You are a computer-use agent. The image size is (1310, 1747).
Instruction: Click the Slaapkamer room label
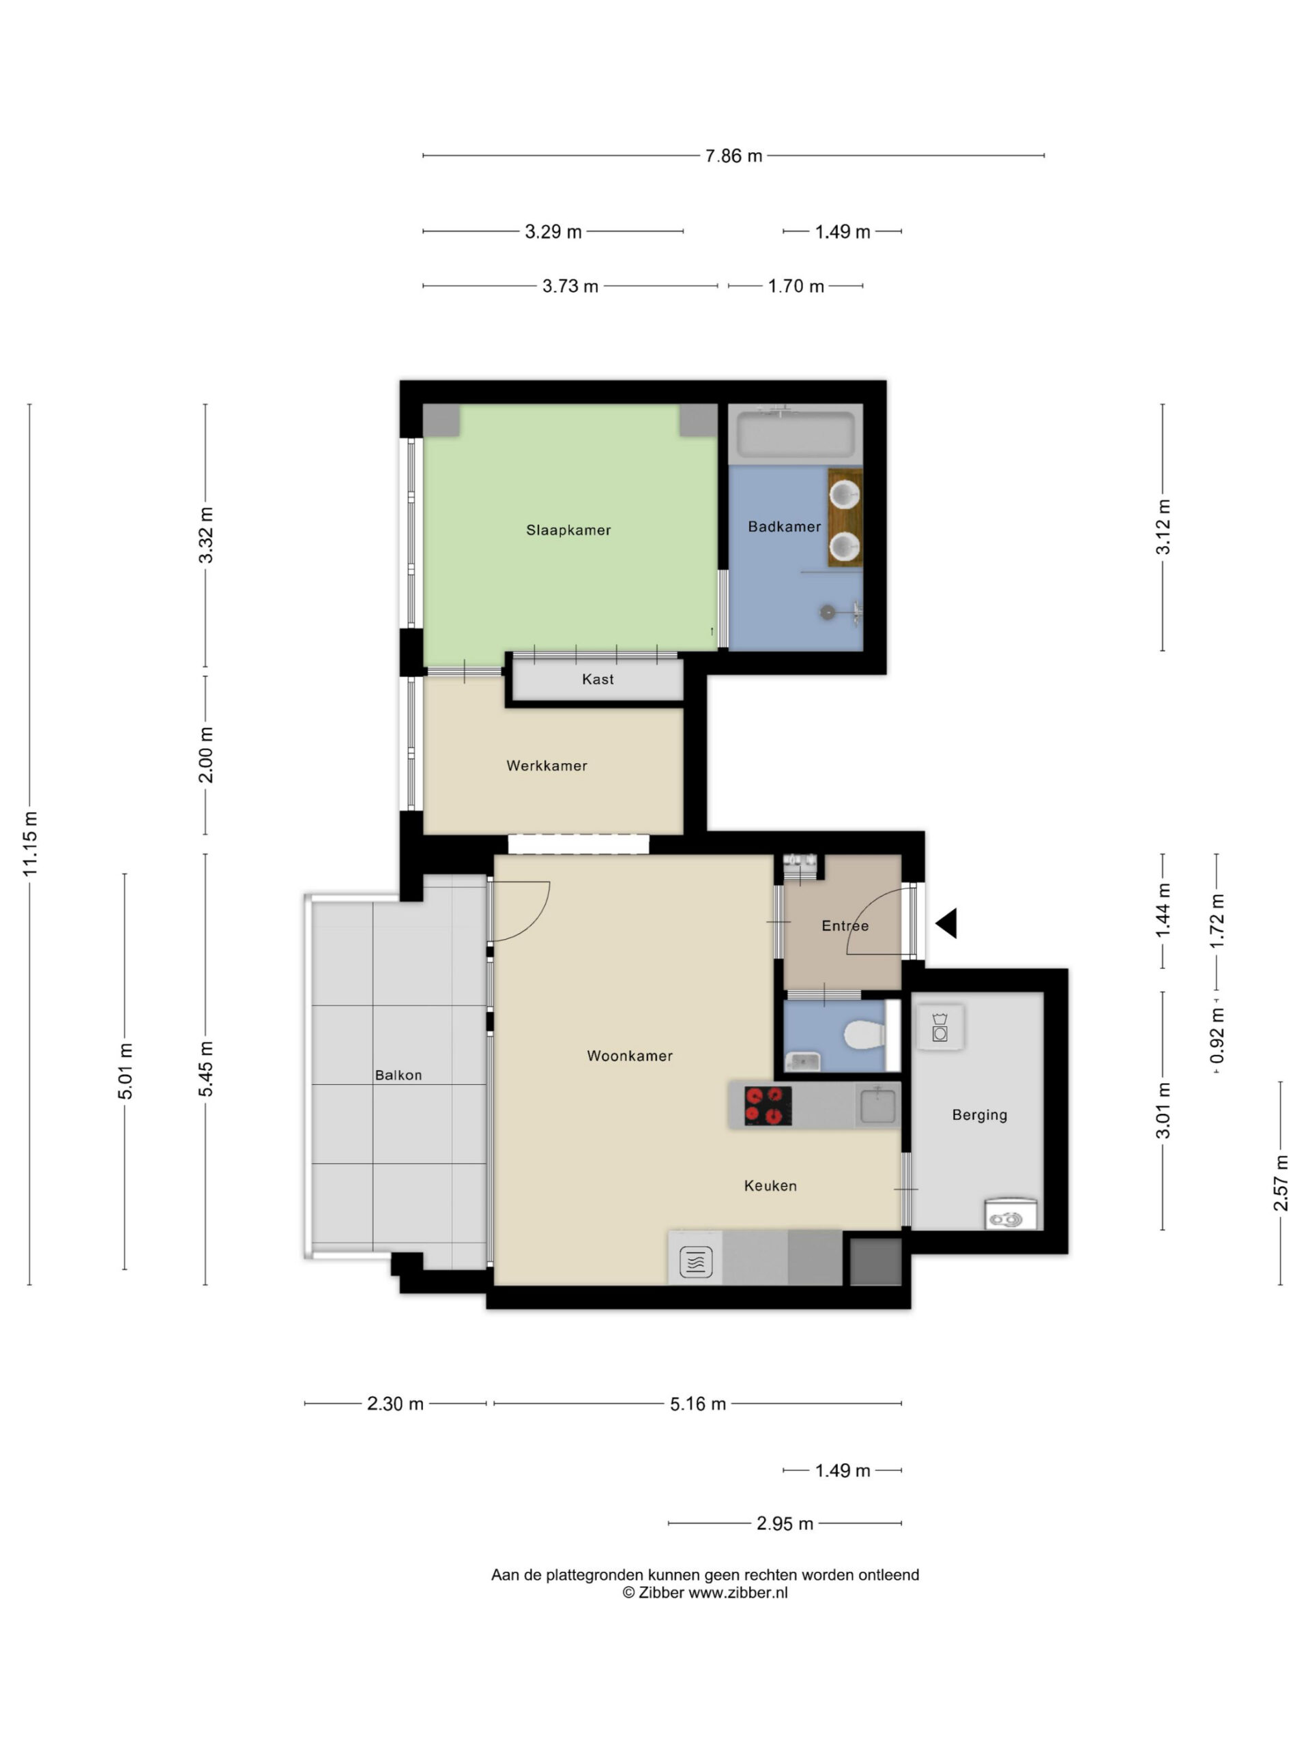(x=568, y=530)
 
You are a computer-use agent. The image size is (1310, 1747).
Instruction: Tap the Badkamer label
(x=784, y=526)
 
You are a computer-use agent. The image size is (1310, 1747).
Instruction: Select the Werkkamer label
(x=547, y=765)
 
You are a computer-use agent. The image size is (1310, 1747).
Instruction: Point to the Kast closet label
(x=598, y=679)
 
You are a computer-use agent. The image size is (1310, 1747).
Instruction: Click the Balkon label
(x=398, y=1075)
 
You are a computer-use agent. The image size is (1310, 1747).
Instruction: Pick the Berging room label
(x=979, y=1115)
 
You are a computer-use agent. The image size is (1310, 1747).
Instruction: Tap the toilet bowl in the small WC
(x=864, y=1035)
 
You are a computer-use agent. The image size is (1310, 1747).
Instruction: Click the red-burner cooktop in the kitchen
(x=768, y=1106)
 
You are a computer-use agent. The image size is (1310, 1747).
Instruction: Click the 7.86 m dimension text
(x=733, y=156)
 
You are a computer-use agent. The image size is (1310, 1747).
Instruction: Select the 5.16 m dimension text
(x=698, y=1404)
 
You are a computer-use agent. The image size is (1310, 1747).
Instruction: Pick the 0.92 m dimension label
(x=1217, y=1035)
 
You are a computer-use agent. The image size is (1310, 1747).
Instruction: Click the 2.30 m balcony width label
(x=395, y=1404)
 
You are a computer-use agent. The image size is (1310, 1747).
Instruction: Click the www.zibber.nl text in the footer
(x=738, y=1593)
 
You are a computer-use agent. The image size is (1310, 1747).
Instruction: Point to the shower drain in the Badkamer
(x=827, y=612)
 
